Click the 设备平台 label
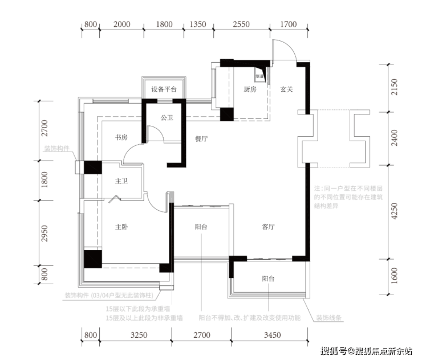tap(164, 90)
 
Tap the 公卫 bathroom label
tap(167, 118)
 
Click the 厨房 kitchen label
tap(250, 89)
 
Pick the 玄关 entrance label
tap(286, 89)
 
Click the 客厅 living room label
tap(269, 226)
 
